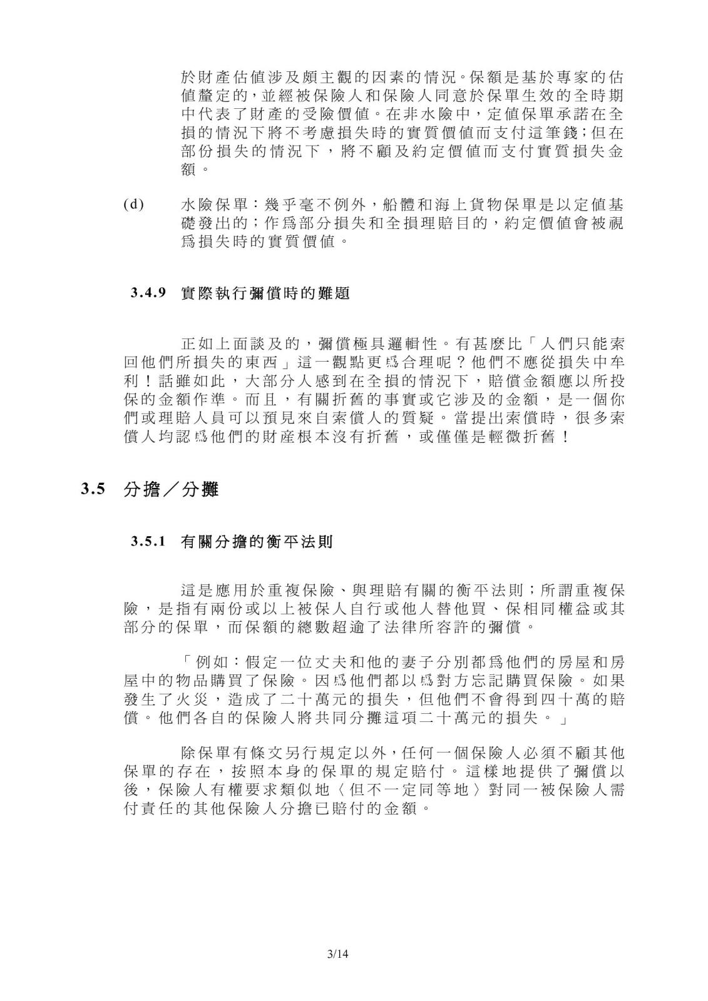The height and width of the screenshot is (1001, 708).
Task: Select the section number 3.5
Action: click(x=92, y=489)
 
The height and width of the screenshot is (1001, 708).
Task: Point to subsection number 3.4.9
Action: click(x=148, y=293)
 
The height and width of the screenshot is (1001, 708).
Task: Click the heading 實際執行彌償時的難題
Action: click(x=265, y=293)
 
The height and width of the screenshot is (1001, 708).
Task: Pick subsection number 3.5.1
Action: click(x=148, y=542)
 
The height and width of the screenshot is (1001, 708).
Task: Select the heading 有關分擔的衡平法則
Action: click(x=257, y=542)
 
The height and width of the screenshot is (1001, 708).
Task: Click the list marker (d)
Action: click(x=133, y=205)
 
